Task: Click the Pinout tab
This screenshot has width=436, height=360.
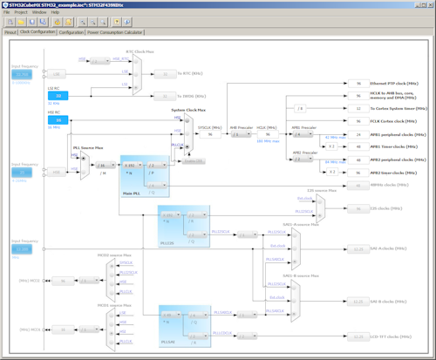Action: tap(10, 31)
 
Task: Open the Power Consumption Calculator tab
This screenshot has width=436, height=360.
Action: tap(116, 31)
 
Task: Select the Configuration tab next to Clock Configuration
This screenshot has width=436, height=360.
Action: tap(72, 31)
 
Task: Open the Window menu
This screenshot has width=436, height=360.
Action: tap(39, 12)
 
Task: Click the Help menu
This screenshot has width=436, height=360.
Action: tap(55, 12)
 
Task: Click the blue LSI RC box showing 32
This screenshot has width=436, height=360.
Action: tap(52, 96)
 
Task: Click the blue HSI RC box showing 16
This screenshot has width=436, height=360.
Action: tap(52, 119)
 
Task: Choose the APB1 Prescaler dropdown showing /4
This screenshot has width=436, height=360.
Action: tap(301, 134)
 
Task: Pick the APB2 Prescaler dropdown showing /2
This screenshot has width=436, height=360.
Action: tap(301, 159)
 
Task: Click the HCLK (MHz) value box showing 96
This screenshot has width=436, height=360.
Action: tap(268, 134)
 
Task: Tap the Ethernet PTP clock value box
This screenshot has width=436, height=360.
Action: tap(358, 83)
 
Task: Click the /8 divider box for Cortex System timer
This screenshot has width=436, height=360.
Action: tap(301, 109)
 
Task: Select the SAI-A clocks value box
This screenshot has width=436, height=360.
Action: tap(358, 248)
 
